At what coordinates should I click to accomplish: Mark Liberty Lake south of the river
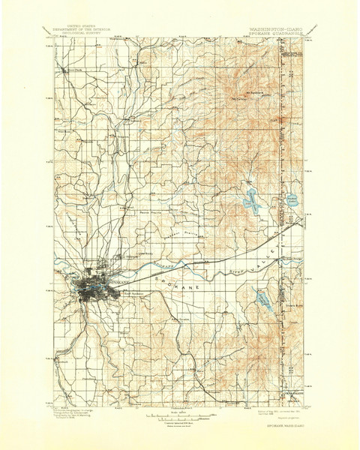(x=262, y=301)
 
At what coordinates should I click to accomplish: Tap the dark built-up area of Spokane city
(x=93, y=289)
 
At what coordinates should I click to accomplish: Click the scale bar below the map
(x=180, y=414)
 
